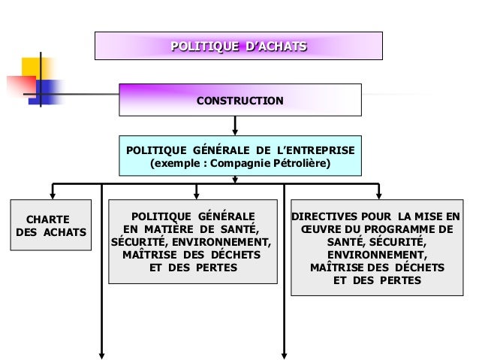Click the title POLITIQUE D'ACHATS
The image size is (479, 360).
[x=238, y=47]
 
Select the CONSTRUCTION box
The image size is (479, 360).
[x=240, y=101]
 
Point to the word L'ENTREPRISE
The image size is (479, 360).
[x=315, y=149]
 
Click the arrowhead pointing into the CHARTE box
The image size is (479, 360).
[x=52, y=195]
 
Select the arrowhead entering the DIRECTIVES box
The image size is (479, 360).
[x=379, y=195]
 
